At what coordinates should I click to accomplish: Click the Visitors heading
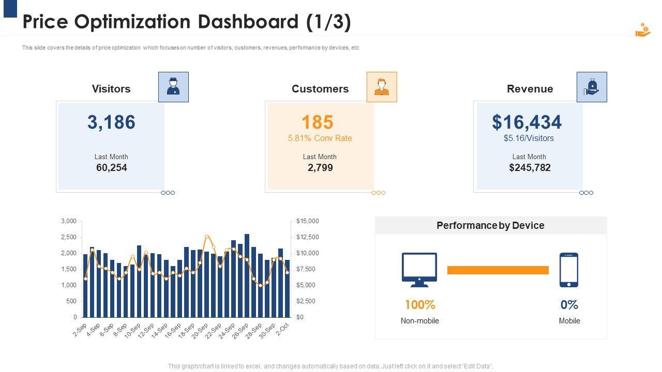[111, 89]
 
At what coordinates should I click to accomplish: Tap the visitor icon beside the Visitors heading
[173, 87]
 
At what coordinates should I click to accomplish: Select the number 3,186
[111, 122]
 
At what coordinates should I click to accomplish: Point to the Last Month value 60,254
[111, 167]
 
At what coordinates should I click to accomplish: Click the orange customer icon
[382, 87]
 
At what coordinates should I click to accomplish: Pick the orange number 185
[317, 122]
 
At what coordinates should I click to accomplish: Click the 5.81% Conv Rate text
[320, 138]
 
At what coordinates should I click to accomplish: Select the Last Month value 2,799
[320, 167]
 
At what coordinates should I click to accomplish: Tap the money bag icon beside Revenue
[592, 87]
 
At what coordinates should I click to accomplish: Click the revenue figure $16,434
[526, 122]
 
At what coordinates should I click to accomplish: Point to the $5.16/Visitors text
[529, 138]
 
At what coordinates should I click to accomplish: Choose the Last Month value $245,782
[530, 167]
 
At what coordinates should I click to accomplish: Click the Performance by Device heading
[490, 226]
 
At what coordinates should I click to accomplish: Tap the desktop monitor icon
[419, 269]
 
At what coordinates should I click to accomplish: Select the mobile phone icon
[569, 270]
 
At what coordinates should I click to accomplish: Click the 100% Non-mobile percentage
[419, 305]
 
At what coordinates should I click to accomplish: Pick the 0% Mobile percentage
[569, 305]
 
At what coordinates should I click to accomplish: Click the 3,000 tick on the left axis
[69, 221]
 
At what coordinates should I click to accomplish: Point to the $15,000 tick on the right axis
[308, 221]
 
